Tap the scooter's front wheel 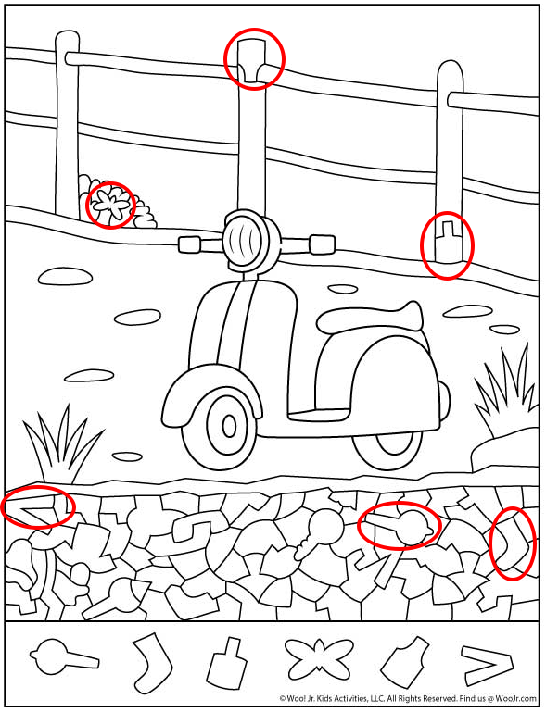[x=229, y=426]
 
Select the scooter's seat [x=369, y=317]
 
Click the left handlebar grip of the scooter [x=190, y=244]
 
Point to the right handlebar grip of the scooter [x=323, y=244]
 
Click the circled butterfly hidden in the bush [x=109, y=205]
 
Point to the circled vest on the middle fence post [x=253, y=61]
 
